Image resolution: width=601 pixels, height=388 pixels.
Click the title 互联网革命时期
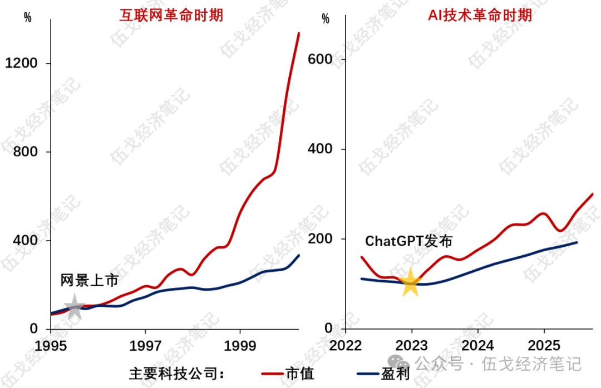(x=171, y=15)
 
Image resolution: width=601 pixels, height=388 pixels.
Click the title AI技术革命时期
(x=480, y=15)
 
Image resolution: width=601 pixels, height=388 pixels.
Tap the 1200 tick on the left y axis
(x=21, y=63)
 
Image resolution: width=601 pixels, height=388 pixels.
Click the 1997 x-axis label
(x=145, y=345)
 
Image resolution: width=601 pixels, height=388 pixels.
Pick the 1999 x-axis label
(x=240, y=345)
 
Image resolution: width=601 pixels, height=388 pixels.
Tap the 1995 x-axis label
(x=51, y=345)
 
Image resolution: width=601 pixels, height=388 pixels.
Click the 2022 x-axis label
(x=345, y=345)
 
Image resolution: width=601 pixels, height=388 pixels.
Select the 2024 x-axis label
(x=478, y=345)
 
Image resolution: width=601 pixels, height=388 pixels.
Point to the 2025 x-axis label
(x=544, y=345)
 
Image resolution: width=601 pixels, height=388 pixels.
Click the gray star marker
(x=74, y=307)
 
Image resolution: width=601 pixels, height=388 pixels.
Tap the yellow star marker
(x=411, y=283)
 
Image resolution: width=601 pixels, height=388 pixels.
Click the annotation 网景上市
(x=90, y=281)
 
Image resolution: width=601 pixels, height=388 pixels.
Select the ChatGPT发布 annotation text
(x=409, y=241)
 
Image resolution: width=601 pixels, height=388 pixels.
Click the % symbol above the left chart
(x=28, y=18)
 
